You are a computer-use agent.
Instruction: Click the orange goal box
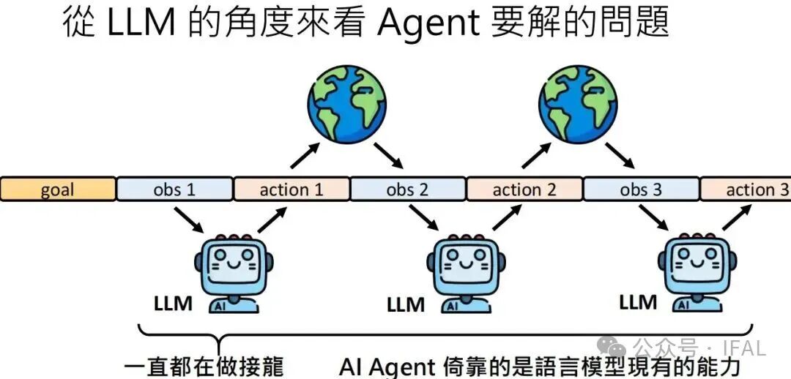(58, 189)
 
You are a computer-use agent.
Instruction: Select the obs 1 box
(174, 189)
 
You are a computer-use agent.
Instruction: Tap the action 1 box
(291, 189)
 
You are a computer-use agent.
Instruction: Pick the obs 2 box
(407, 189)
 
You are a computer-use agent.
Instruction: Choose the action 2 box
(524, 189)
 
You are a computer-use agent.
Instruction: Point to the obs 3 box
(641, 189)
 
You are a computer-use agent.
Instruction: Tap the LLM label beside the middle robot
(406, 303)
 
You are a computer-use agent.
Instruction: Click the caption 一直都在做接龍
(204, 366)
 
